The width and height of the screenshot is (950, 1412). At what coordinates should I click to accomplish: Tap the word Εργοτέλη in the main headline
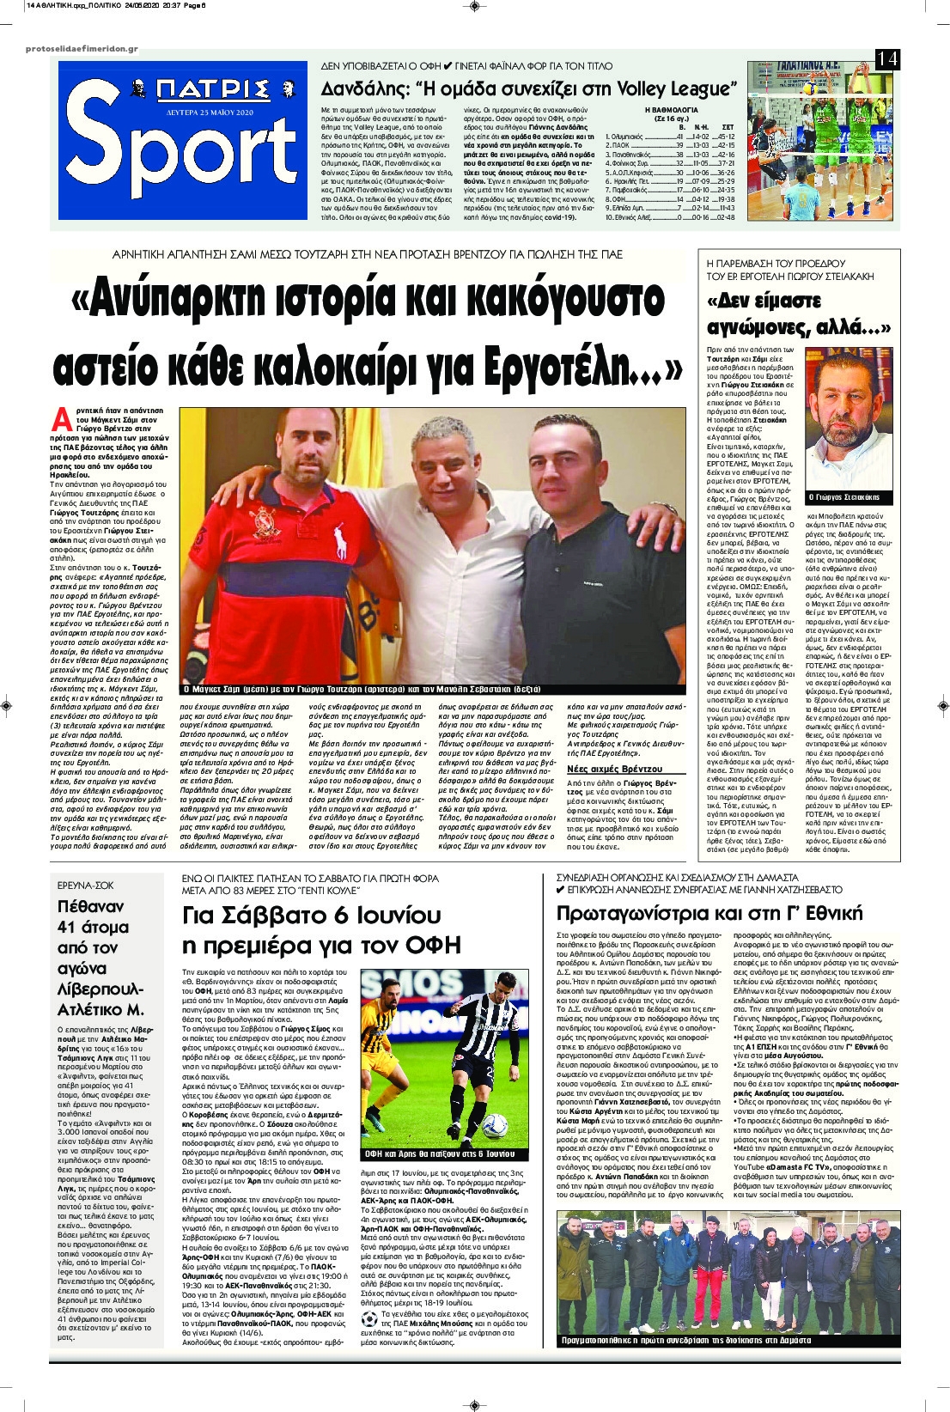580,365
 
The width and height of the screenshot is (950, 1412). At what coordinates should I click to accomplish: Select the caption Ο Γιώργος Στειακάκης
848,498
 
